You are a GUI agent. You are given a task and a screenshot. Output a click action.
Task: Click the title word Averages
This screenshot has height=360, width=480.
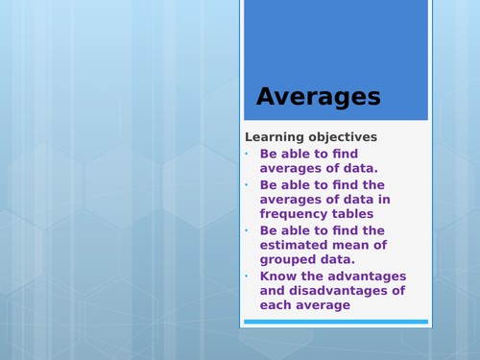click(x=318, y=97)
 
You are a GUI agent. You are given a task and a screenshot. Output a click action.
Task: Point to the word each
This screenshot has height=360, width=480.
click(x=276, y=305)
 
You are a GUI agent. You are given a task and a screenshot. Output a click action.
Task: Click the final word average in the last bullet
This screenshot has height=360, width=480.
click(x=324, y=305)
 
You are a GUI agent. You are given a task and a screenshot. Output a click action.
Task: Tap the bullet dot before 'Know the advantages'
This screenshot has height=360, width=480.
click(x=246, y=276)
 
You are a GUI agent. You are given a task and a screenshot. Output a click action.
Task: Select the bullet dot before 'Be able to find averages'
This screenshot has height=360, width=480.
click(x=246, y=154)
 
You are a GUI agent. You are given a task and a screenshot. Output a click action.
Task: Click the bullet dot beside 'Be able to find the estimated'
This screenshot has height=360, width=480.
click(x=246, y=230)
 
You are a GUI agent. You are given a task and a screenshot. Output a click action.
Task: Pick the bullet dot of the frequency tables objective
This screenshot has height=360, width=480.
click(x=246, y=184)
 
